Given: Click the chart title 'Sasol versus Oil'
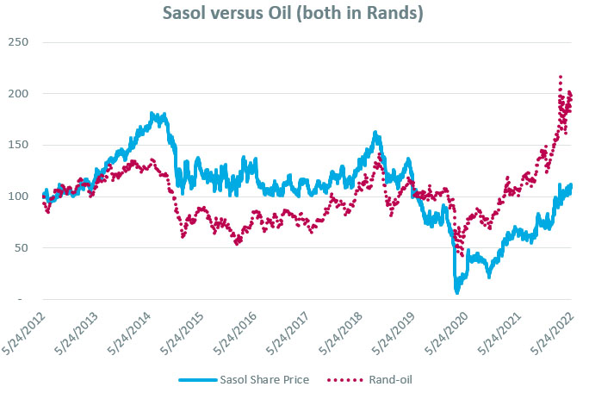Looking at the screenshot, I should tap(293, 15).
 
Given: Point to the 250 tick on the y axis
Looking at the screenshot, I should tap(17, 42).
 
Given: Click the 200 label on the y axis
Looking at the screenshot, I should tap(17, 93).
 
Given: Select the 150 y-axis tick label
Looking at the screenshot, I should tap(17, 145).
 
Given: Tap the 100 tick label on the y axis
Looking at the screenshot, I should tap(17, 196).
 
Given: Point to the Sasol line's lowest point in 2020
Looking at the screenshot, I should tap(457, 292).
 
